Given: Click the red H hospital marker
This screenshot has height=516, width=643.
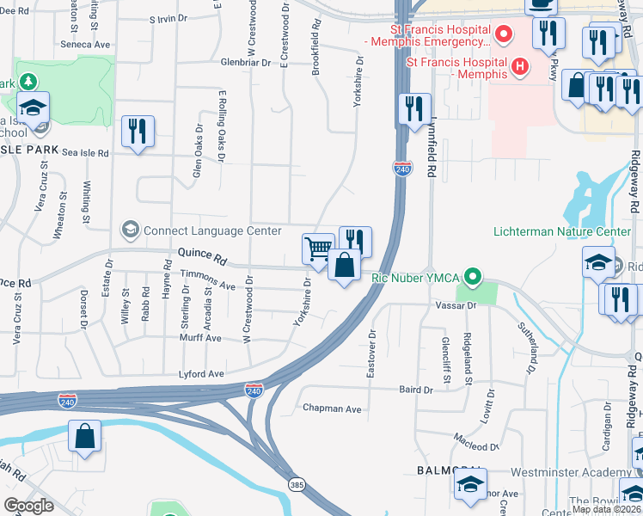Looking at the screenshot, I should coord(518,65).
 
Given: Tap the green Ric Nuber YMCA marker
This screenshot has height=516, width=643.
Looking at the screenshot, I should coord(471,277).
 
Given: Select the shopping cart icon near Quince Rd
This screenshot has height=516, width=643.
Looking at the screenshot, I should coord(318,249).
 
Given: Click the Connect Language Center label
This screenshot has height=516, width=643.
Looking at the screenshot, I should coord(211,230).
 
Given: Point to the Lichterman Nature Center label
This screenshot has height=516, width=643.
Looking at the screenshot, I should coord(562,231).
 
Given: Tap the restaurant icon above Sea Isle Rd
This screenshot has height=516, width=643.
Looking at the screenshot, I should coord(138,132).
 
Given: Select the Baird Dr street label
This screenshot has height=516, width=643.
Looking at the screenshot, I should coord(415,390).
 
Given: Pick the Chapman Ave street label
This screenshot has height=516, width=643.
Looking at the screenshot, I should coord(331,408).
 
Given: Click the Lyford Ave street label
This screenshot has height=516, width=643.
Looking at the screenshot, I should coord(201,374).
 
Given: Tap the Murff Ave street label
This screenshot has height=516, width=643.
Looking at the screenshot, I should coord(199,339).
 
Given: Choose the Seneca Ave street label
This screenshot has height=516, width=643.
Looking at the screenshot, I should coord(86,44).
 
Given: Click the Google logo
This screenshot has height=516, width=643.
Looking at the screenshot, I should coord(28,506).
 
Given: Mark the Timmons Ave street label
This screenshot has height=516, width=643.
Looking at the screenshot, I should coord(207,285).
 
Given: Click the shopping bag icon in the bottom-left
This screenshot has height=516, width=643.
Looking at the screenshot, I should coord(85,436).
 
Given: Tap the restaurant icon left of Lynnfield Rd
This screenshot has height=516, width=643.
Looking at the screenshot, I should coord(414,109).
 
